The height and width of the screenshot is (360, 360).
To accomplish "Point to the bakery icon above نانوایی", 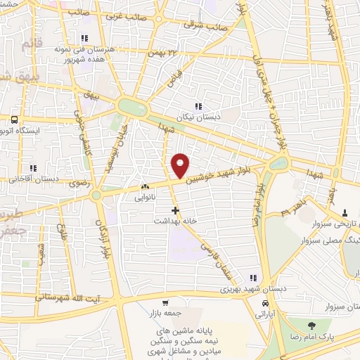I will (x=145, y=188).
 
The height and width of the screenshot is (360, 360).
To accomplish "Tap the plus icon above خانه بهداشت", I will (x=175, y=210).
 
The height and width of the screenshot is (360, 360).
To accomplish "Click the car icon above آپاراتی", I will (x=264, y=303).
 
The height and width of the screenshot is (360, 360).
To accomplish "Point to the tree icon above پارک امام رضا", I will (x=310, y=326).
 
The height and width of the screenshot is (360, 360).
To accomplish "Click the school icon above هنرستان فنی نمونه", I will (x=84, y=38).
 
